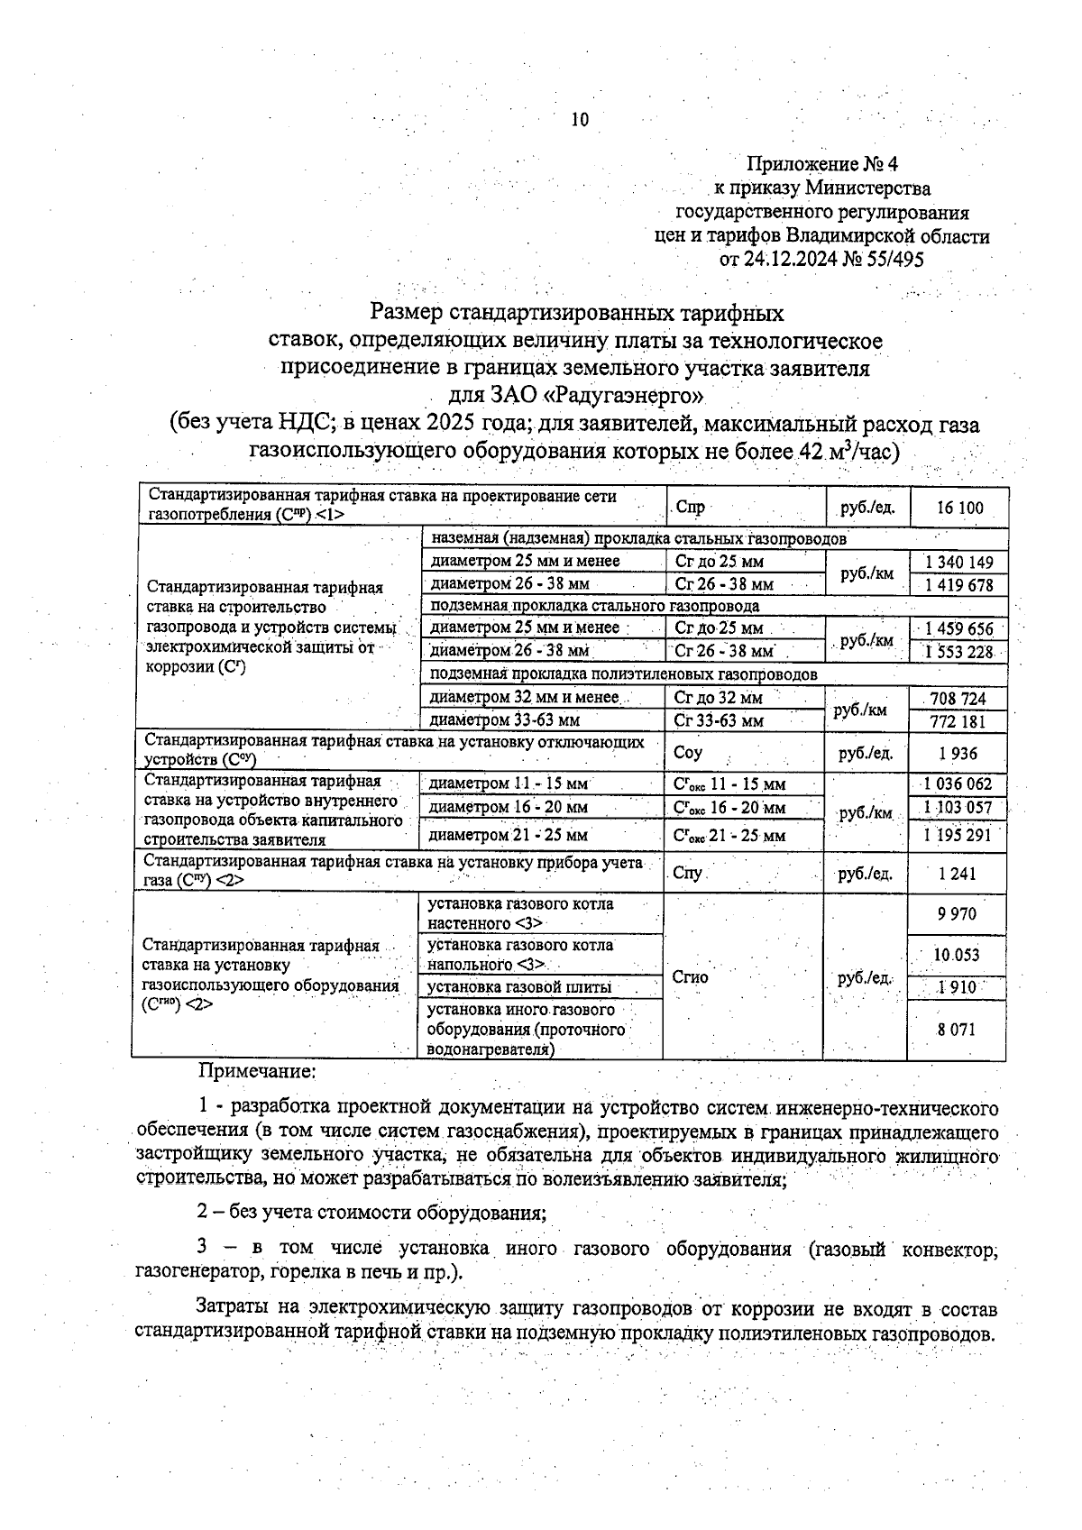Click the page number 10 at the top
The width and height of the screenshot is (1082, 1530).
(x=579, y=119)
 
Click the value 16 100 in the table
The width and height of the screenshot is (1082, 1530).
(x=959, y=508)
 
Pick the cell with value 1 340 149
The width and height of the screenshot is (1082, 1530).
(x=959, y=563)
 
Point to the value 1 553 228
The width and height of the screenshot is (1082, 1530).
(x=959, y=652)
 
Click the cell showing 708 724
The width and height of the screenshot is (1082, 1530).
(x=959, y=699)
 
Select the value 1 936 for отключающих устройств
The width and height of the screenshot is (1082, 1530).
(x=958, y=753)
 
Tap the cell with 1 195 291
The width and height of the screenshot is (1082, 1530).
(x=958, y=835)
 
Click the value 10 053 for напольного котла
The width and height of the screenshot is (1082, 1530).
(x=957, y=955)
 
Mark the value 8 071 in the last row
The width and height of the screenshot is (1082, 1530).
(x=957, y=1029)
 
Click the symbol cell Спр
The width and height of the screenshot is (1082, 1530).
(x=691, y=508)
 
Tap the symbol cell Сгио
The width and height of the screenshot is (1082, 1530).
(x=692, y=977)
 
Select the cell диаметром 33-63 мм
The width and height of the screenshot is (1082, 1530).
(x=505, y=720)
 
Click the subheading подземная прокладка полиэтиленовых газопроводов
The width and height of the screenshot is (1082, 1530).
(x=624, y=674)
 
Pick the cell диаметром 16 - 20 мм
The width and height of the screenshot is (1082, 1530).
(x=509, y=808)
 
